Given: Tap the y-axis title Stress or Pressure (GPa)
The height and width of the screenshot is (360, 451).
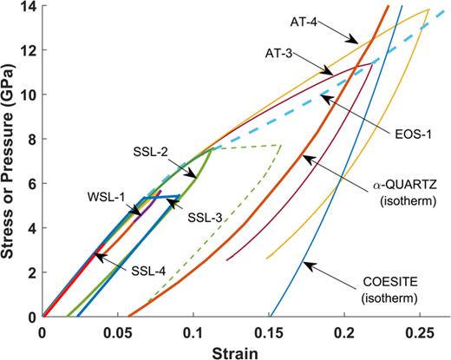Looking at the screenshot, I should pyautogui.click(x=10, y=160).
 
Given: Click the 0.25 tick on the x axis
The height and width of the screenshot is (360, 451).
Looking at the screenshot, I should pyautogui.click(x=421, y=331).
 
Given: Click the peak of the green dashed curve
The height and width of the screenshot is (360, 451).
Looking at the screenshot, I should pyautogui.click(x=279, y=145).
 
